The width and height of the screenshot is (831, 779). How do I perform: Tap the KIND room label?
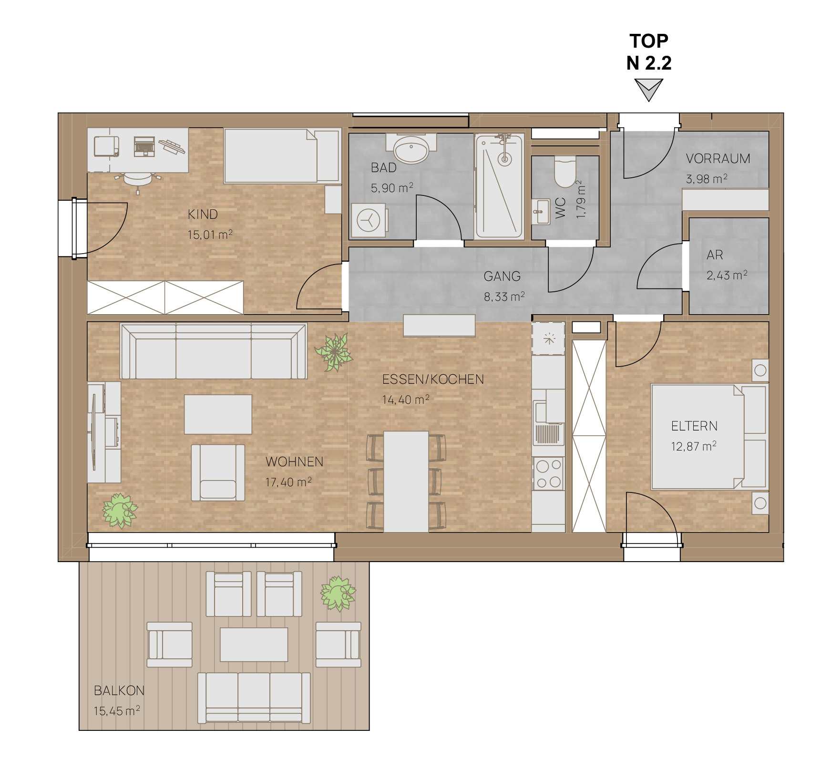(203, 215)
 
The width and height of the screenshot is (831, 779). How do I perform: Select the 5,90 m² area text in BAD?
(392, 188)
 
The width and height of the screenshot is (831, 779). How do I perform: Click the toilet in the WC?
(565, 172)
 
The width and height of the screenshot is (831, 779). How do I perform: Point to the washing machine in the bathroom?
(368, 220)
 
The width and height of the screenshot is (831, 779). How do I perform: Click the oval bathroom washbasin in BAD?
(411, 148)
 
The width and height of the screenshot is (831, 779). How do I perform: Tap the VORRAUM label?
(718, 159)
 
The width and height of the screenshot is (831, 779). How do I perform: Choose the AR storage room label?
(715, 255)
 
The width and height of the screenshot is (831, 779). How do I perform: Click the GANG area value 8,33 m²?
(504, 297)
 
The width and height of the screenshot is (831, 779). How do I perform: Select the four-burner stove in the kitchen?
(549, 473)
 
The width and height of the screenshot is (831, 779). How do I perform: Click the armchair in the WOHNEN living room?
(218, 472)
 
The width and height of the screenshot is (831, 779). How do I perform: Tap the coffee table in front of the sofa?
(218, 414)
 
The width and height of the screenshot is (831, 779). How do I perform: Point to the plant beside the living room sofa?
(334, 352)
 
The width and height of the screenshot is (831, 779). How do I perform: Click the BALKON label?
(119, 690)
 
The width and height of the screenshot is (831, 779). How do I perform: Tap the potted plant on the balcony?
(338, 594)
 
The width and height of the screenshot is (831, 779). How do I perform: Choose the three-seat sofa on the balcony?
(254, 698)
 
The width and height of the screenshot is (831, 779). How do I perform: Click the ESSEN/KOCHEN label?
(433, 379)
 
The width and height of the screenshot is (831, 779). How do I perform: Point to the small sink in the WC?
(541, 211)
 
